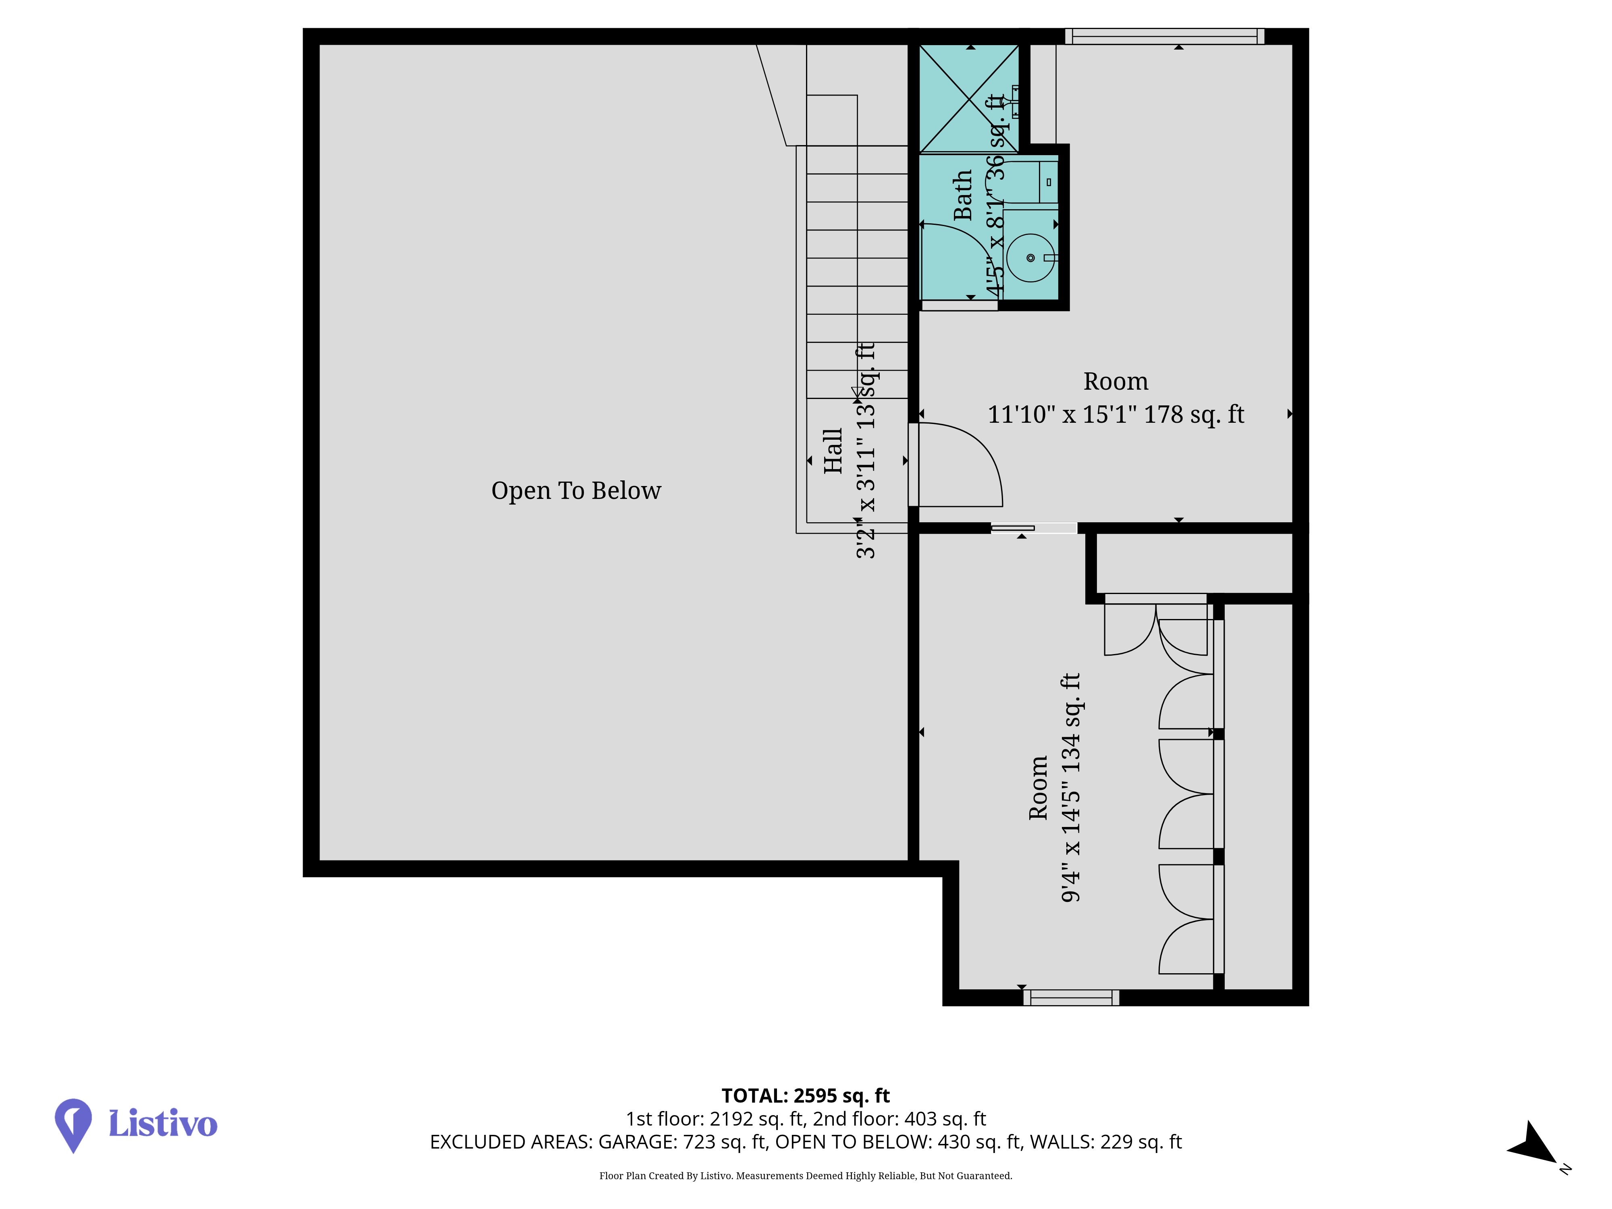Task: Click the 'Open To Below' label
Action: coord(576,490)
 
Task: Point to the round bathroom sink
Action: coord(1030,257)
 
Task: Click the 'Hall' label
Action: coord(832,451)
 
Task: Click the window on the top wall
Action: coord(1165,36)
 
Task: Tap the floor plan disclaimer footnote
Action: coord(805,1176)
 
